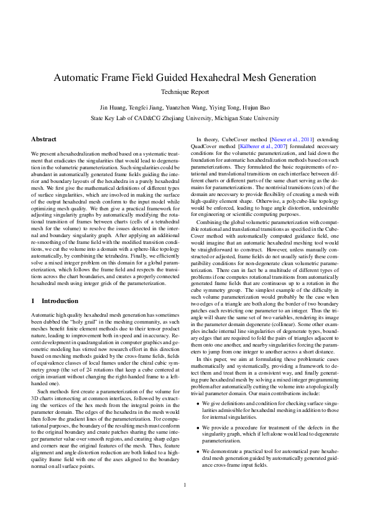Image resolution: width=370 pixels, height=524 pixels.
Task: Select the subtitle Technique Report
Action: click(x=185, y=91)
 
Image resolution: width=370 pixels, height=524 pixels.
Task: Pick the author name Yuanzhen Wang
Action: click(x=188, y=108)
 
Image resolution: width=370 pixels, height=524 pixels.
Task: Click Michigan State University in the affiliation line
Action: click(x=244, y=118)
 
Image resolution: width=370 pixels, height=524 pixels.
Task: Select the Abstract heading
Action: click(x=44, y=139)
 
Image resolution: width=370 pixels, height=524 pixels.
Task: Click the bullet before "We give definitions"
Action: click(x=198, y=386)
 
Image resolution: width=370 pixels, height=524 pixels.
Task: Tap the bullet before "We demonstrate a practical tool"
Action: click(x=198, y=433)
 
